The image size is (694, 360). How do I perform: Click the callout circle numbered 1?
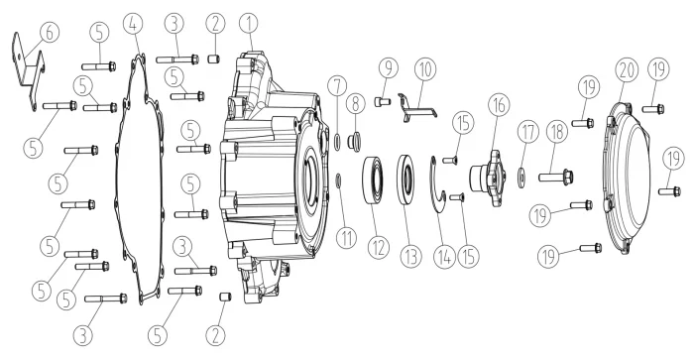[x=249, y=24]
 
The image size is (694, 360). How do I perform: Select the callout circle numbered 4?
[x=134, y=25]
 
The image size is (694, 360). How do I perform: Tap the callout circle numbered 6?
[x=50, y=33]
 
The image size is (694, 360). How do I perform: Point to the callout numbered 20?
[x=628, y=70]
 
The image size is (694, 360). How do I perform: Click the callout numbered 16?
[x=499, y=105]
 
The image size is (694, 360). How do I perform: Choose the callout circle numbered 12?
[x=379, y=248]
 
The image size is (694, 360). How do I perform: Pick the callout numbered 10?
[x=425, y=69]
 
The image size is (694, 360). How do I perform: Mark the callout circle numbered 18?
[x=557, y=133]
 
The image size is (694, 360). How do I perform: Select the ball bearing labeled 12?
[x=374, y=180]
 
